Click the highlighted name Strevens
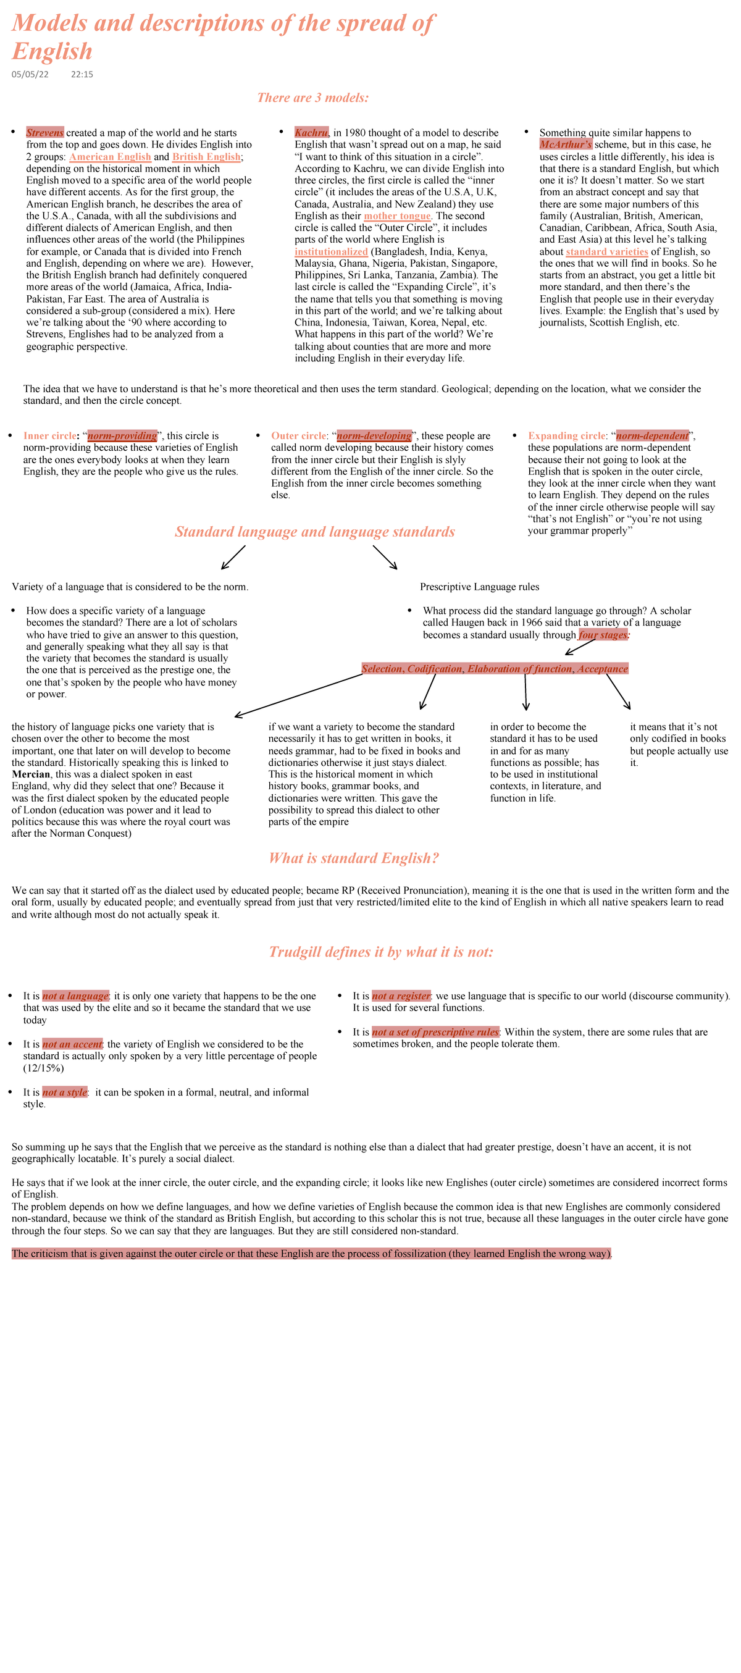(45, 133)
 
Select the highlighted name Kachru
(311, 133)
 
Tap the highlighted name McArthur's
(565, 144)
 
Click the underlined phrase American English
(110, 156)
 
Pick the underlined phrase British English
(206, 156)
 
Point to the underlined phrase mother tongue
(397, 216)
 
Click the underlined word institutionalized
(330, 251)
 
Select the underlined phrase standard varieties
(606, 251)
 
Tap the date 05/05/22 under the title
(30, 75)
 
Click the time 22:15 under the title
(82, 75)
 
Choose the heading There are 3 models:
(312, 98)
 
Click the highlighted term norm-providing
(122, 436)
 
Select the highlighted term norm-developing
(374, 436)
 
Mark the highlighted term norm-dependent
(652, 436)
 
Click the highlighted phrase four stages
(603, 634)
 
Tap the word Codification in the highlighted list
(435, 669)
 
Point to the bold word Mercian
(30, 774)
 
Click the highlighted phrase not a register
(401, 996)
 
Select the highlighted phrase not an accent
(72, 1044)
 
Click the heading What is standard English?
(353, 858)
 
